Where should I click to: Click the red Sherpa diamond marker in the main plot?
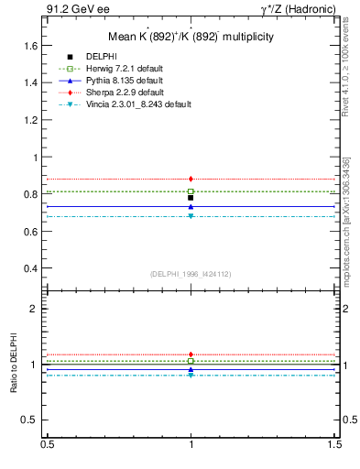[x=191, y=179]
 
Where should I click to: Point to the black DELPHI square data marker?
[x=191, y=198]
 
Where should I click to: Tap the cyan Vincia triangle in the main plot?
[x=191, y=216]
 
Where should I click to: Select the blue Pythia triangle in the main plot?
[x=191, y=207]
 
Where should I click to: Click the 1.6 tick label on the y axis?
[x=30, y=45]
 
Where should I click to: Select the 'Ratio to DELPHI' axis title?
[x=13, y=364]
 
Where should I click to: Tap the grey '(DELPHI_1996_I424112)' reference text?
[x=191, y=273]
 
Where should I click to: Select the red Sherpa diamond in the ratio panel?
[x=191, y=354]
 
